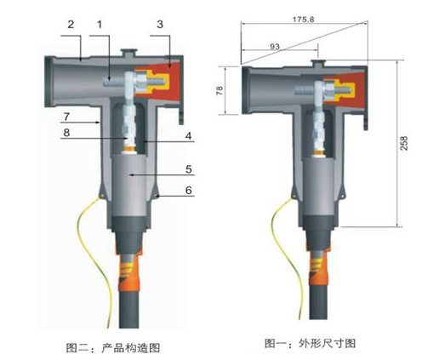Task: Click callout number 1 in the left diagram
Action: point(100,25)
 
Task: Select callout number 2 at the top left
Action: point(71,25)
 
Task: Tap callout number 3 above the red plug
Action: point(160,25)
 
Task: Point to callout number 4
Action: point(189,136)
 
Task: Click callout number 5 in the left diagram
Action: point(189,169)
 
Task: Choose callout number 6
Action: point(189,191)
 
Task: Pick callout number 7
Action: point(66,117)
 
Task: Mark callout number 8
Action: point(66,132)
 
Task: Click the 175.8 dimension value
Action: point(304,20)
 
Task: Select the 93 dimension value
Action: point(275,46)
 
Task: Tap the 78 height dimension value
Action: point(220,90)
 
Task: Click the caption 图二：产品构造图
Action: point(113,348)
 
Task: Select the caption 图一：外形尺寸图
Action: point(311,343)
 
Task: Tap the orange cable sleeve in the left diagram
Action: point(129,270)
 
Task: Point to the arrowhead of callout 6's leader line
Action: point(157,196)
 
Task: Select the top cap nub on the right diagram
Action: point(318,62)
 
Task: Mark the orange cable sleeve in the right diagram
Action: point(318,267)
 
